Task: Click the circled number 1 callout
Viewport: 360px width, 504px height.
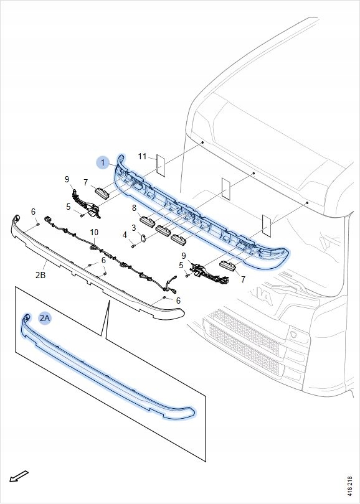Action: pos(103,162)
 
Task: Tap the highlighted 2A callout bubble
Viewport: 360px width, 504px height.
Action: pos(45,318)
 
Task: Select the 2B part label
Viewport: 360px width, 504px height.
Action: pos(40,275)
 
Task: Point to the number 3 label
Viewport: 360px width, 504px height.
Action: pos(134,228)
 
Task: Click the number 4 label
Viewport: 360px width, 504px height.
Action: pos(125,235)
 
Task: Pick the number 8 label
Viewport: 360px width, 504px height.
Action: pos(134,208)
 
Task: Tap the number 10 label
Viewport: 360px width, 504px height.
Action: pos(94,232)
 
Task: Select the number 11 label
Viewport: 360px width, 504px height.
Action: pos(142,157)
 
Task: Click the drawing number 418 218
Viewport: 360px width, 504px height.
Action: pos(349,488)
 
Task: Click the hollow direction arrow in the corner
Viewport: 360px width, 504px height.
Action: pos(19,476)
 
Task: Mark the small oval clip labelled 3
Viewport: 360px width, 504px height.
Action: pos(143,238)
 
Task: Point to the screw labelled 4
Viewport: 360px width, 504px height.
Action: pos(133,246)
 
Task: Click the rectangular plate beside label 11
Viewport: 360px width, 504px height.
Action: pos(161,166)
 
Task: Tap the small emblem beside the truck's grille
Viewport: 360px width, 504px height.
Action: pos(294,333)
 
